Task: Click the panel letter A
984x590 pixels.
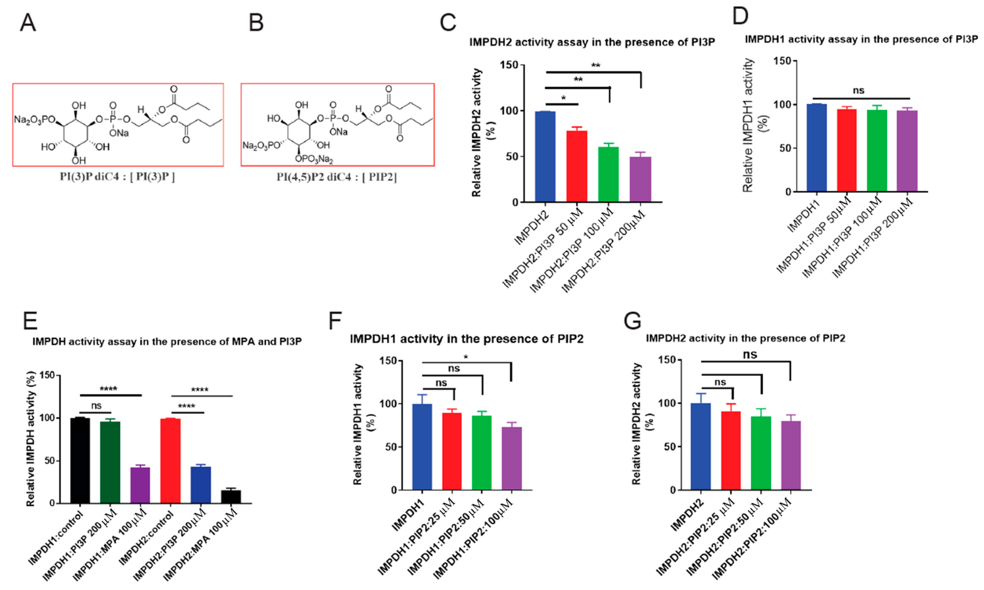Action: (x=28, y=23)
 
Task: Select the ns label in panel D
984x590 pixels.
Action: (x=858, y=91)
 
